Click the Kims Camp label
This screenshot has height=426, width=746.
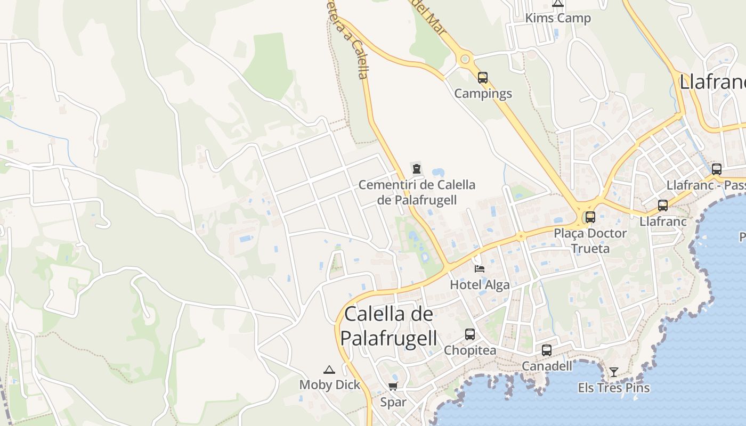(558, 18)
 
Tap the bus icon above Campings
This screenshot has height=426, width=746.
(483, 78)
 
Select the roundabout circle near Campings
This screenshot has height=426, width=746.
(465, 59)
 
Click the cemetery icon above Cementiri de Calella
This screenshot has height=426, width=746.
(416, 169)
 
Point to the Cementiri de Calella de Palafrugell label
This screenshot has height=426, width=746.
(417, 192)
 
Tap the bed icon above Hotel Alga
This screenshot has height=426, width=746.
(480, 268)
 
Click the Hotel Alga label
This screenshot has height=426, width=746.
(480, 285)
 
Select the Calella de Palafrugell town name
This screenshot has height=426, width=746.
(388, 326)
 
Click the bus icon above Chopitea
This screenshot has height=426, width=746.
(469, 334)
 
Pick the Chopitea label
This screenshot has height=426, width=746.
(470, 350)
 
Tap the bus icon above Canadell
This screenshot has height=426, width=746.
(547, 350)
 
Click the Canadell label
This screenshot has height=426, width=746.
(547, 366)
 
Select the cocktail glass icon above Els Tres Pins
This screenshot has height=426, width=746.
(614, 372)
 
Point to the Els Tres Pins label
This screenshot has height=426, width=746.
(614, 388)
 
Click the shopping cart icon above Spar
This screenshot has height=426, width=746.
(393, 386)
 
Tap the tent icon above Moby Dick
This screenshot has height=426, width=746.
(329, 370)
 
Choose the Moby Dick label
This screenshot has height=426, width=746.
(330, 385)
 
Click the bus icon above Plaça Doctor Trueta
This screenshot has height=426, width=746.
(590, 217)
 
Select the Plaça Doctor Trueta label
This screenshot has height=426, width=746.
(590, 241)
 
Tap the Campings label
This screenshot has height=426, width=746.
(483, 94)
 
